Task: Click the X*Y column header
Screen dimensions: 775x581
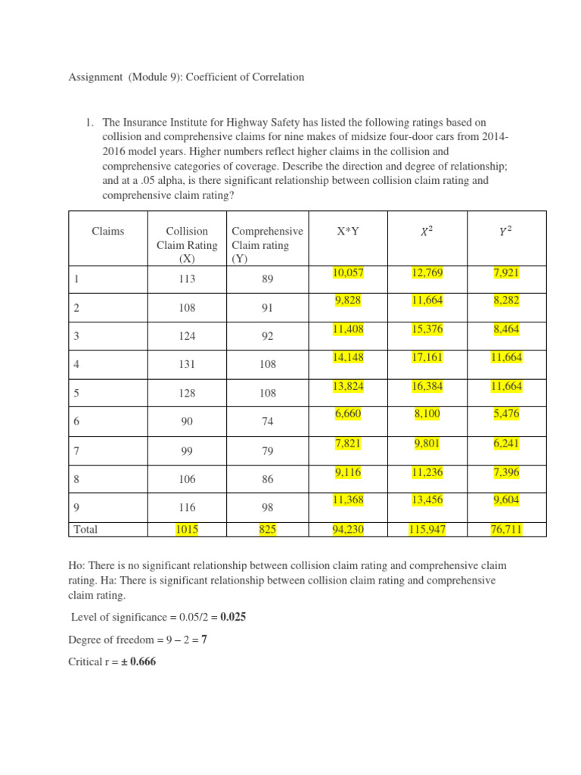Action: coord(348,232)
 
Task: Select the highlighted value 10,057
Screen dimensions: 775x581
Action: coord(348,272)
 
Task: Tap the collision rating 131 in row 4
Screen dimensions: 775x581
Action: coord(187,364)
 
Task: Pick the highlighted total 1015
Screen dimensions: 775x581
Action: coord(187,531)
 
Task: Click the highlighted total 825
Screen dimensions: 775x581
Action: coord(267,531)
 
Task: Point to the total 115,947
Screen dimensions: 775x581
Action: coord(428,531)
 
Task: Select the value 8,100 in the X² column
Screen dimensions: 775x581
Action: coord(428,414)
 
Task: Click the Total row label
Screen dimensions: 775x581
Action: coord(86,531)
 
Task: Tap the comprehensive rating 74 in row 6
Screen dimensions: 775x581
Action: coord(267,422)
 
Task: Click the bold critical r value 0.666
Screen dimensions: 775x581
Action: coord(140,661)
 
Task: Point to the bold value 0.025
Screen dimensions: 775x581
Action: coord(230,617)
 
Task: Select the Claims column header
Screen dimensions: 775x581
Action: coord(108,232)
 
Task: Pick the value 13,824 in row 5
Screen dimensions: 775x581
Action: coord(348,386)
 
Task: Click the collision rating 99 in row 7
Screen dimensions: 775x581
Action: coord(187,450)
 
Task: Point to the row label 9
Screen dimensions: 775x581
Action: coord(76,508)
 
